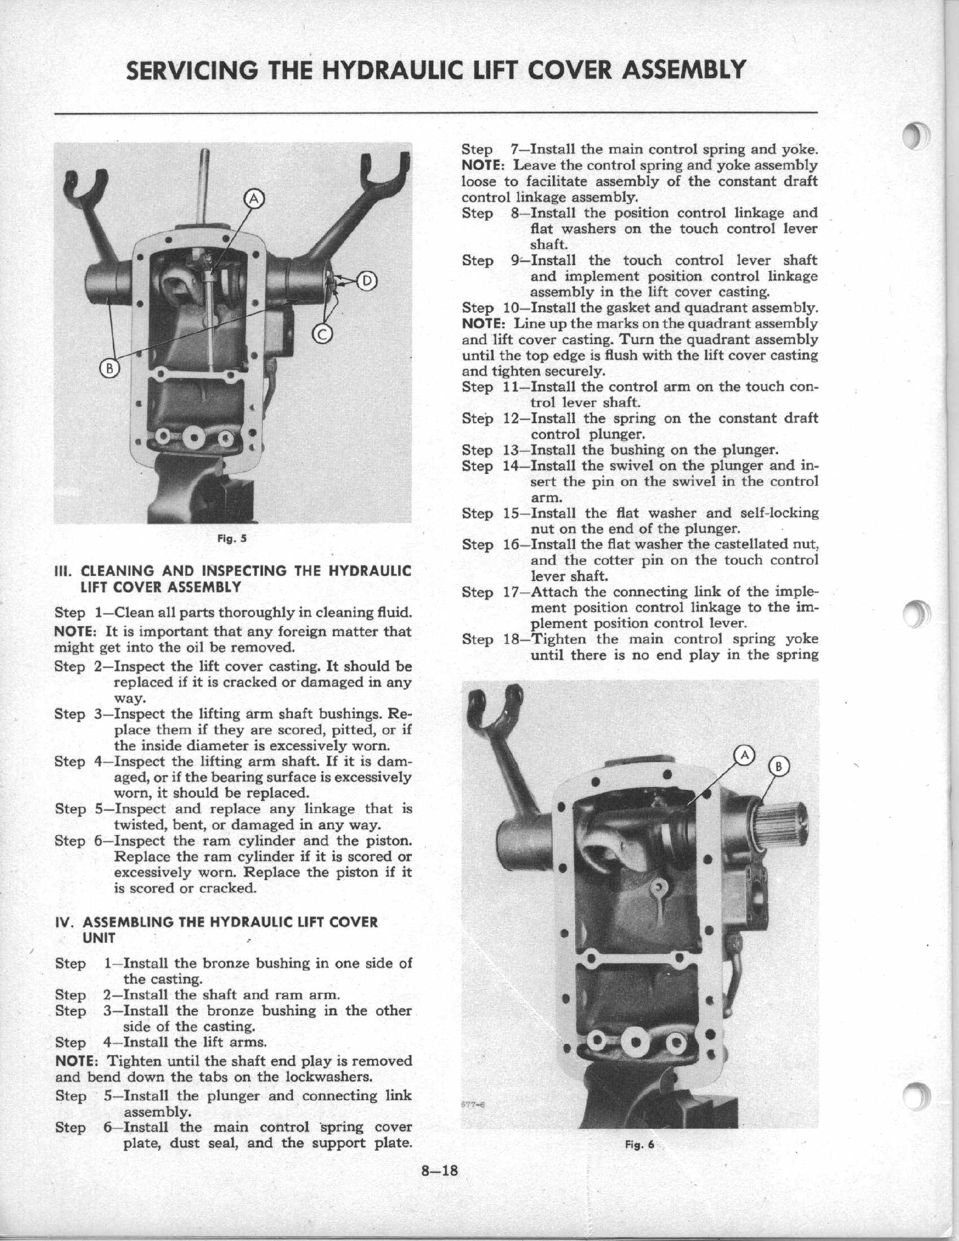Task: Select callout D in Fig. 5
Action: tap(367, 281)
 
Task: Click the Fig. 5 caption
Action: tap(232, 538)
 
